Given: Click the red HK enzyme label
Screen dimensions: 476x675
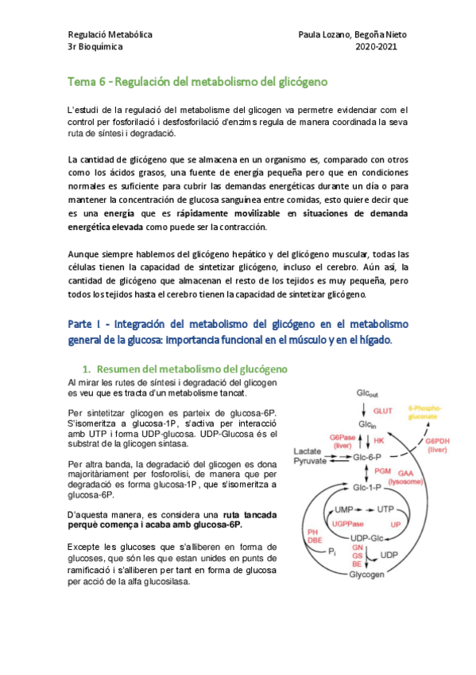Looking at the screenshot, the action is [379, 439].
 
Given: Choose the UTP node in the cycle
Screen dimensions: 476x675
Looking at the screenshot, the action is [387, 509].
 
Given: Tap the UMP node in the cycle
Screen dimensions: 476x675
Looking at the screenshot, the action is [344, 509].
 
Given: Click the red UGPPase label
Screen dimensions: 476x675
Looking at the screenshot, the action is [345, 523].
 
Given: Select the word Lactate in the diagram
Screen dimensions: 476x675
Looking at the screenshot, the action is [308, 451].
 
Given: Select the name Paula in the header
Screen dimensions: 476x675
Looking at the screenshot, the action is [312, 35].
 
